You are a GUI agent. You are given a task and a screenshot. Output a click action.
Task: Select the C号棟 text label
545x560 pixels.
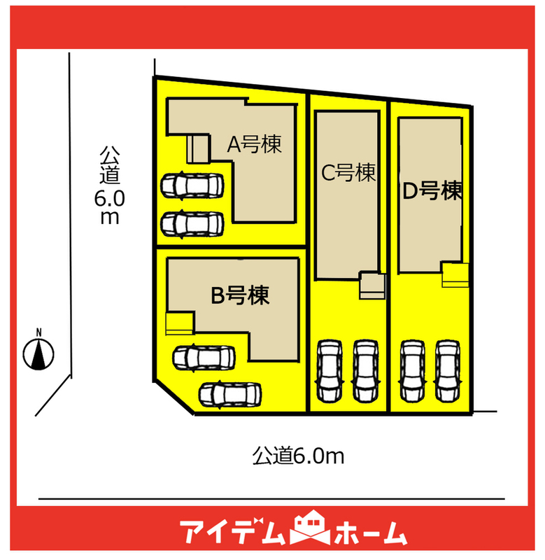348,173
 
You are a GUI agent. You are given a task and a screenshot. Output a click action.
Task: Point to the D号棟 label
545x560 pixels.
433,190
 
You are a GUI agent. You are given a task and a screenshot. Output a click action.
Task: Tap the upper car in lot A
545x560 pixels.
192,185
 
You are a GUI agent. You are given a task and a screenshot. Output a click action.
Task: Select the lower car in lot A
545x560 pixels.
192,224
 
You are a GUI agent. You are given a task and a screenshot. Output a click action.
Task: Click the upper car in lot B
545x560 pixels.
204,358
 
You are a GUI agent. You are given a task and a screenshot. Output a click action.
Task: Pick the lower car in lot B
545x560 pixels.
230,394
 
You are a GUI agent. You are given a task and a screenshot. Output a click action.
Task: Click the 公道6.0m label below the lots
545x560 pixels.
299,457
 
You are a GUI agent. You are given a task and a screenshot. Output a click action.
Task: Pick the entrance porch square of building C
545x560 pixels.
371,285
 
